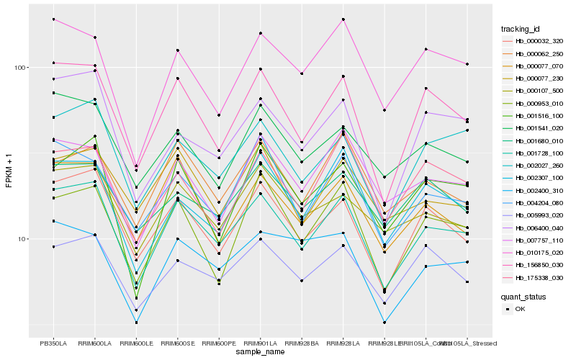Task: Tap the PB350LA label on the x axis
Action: pyautogui.click(x=53, y=343)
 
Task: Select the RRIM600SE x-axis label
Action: pyautogui.click(x=177, y=343)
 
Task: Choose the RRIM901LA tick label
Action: pyautogui.click(x=260, y=343)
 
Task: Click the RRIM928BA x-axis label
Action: pyautogui.click(x=302, y=343)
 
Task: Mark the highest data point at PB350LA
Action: pyautogui.click(x=53, y=19)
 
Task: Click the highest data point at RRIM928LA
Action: pyautogui.click(x=343, y=19)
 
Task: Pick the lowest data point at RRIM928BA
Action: pyautogui.click(x=302, y=280)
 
